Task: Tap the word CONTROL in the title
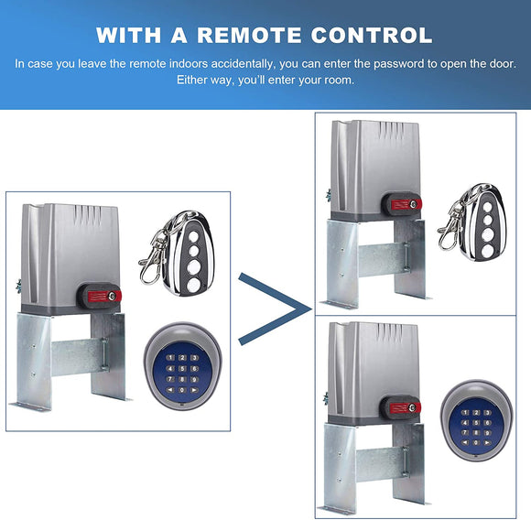[x=372, y=36]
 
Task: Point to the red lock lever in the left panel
[x=100, y=296]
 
